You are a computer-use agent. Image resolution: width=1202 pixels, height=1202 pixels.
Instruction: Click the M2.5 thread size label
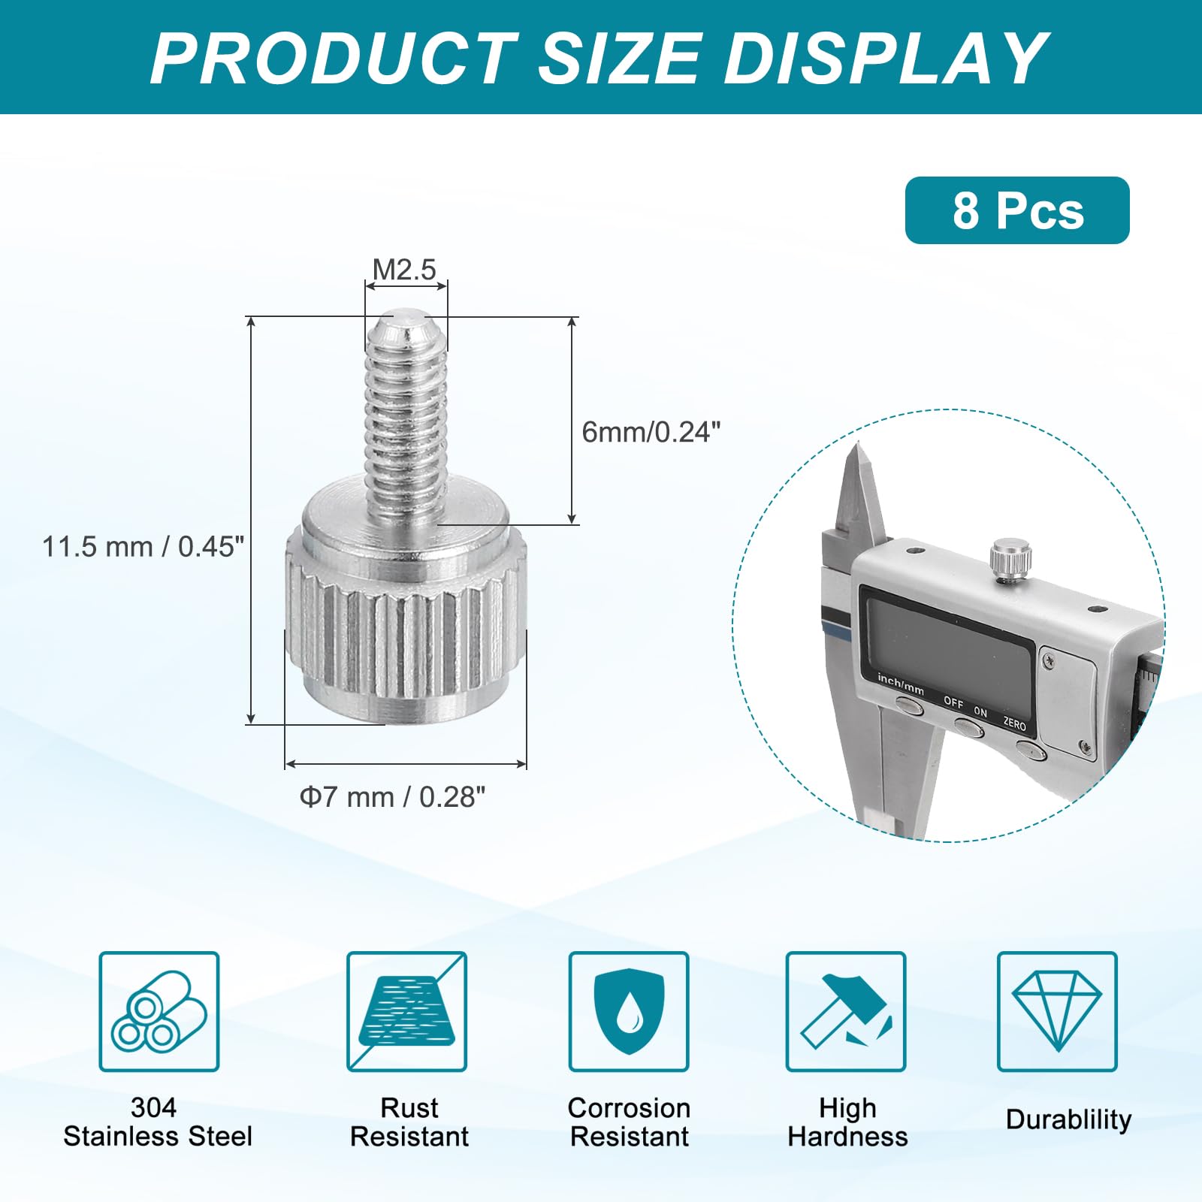tap(404, 270)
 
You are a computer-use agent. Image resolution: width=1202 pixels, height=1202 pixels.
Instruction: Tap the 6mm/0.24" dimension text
tap(651, 432)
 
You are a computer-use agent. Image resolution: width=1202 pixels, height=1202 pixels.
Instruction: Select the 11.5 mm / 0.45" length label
tap(143, 547)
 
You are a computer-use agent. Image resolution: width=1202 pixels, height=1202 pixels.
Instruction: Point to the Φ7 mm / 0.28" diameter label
tap(392, 797)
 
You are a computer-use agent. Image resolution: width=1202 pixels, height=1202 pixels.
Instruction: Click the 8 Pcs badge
tap(1017, 210)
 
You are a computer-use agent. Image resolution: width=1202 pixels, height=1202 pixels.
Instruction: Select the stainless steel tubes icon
tap(159, 1011)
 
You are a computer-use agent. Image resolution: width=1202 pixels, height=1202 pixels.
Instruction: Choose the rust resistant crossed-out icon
tap(406, 1011)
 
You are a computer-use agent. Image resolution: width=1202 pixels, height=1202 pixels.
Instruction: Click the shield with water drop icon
tap(629, 1011)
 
